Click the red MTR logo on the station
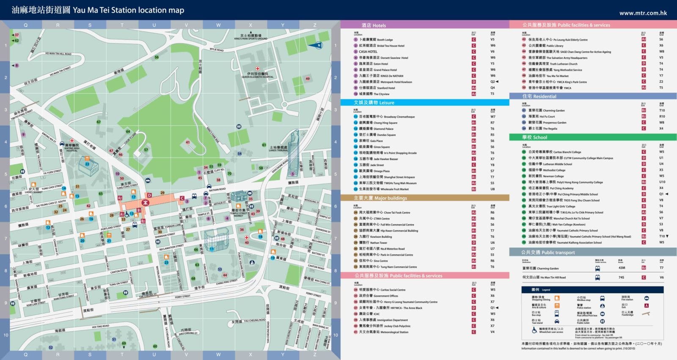(145, 203)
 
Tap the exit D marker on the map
(149, 195)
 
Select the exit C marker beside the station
(182, 198)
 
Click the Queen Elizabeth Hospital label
(257, 75)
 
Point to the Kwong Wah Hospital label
(72, 148)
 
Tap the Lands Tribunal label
(278, 149)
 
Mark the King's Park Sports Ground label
(250, 37)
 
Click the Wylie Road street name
(217, 50)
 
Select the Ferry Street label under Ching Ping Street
(182, 297)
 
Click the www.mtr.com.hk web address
(643, 13)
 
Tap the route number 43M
(622, 268)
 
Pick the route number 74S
(621, 278)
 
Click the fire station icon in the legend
(646, 298)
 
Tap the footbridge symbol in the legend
(646, 313)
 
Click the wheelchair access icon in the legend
(535, 330)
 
